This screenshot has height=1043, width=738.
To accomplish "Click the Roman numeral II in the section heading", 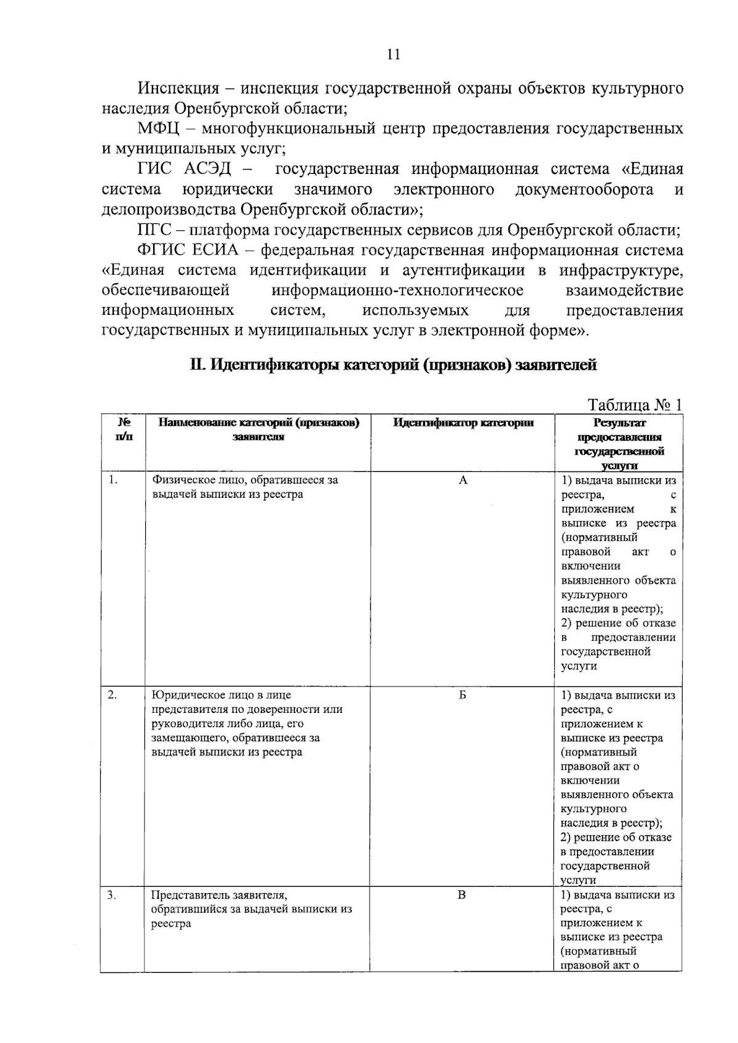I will coord(196,365).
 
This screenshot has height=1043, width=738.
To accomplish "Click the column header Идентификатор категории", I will coord(462,423).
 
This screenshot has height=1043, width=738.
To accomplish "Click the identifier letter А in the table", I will coord(463,481).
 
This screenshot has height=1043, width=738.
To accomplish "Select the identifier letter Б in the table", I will coord(462,695).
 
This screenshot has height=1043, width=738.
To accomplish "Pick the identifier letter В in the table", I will coord(462,895).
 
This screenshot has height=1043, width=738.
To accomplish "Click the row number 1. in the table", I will coord(113,481).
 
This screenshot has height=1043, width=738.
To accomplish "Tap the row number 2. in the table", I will coord(113,695).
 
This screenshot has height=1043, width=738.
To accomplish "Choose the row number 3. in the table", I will coord(112,895).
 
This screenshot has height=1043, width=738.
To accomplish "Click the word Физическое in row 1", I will coord(180,481).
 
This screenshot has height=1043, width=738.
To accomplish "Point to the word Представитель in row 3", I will coord(186,895).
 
